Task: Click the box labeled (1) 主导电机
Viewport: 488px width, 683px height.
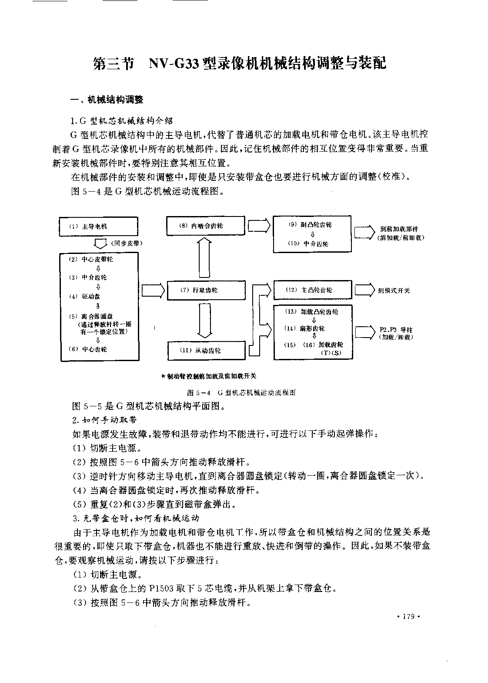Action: pyautogui.click(x=98, y=226)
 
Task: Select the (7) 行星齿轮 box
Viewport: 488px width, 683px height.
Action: pyautogui.click(x=206, y=290)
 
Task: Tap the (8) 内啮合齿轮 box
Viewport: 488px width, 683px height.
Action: pyautogui.click(x=205, y=226)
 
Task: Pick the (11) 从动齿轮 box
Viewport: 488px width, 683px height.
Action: pyautogui.click(x=207, y=351)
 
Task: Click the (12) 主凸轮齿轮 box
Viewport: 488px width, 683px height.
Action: pyautogui.click(x=313, y=290)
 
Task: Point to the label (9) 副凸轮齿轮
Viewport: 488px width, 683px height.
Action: pyautogui.click(x=310, y=225)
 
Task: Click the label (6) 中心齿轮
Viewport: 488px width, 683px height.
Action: pyautogui.click(x=88, y=349)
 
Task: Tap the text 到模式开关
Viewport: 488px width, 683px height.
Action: pyautogui.click(x=394, y=291)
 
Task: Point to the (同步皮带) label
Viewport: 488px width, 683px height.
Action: pyautogui.click(x=127, y=243)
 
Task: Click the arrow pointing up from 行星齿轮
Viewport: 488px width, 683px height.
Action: pyautogui.click(x=205, y=258)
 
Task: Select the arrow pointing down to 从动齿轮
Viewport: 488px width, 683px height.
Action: pyautogui.click(x=205, y=321)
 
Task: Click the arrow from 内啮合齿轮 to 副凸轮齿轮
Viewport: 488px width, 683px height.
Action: pyautogui.click(x=259, y=226)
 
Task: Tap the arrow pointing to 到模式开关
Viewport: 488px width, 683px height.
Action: pyautogui.click(x=365, y=290)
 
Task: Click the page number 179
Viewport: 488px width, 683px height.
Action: pyautogui.click(x=408, y=616)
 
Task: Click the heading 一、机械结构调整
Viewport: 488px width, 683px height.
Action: pyautogui.click(x=107, y=100)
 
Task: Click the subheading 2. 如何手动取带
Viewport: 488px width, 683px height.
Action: pyautogui.click(x=104, y=420)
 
